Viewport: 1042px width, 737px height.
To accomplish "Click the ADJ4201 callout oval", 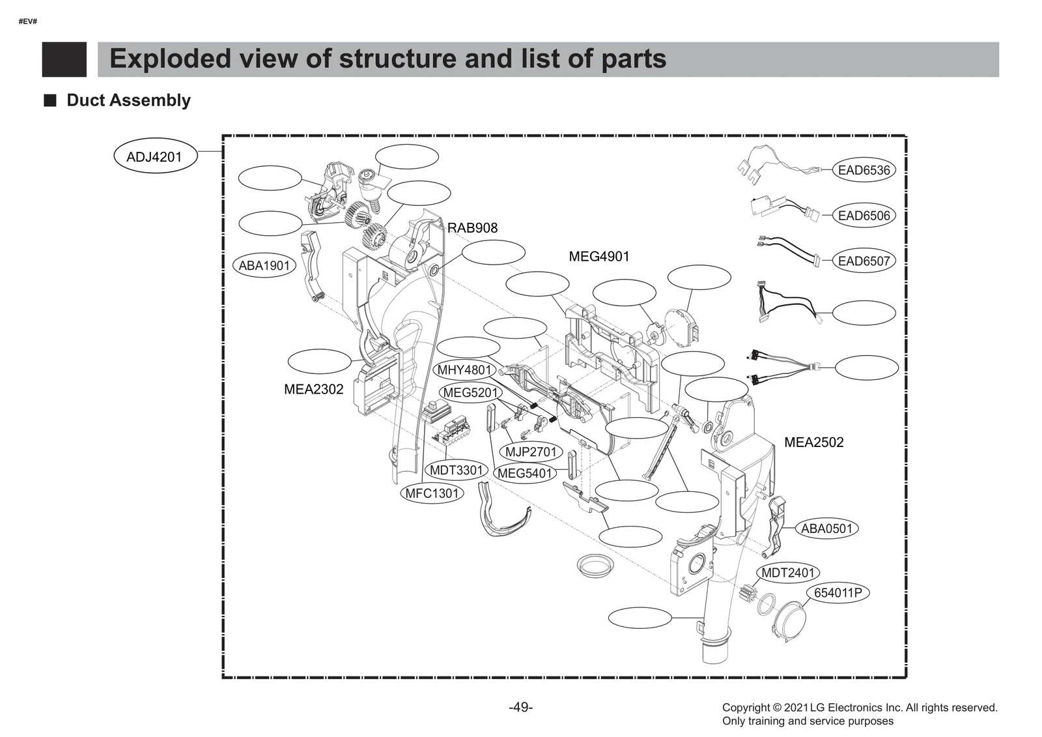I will tap(154, 156).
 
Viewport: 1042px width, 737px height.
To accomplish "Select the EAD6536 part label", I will tap(864, 170).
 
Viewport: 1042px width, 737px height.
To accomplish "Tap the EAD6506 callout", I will tap(864, 216).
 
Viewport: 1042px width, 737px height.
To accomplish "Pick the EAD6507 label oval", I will tap(864, 261).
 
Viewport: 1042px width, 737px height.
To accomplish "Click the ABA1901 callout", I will tap(264, 265).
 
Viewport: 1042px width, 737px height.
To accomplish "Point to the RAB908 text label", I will tap(472, 228).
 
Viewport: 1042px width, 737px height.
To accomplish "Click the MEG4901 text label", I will tap(599, 257).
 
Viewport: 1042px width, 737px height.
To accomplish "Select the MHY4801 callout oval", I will tap(464, 370).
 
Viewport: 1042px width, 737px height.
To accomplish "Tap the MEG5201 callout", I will tap(470, 393).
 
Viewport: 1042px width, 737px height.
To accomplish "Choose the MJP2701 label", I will tap(531, 452).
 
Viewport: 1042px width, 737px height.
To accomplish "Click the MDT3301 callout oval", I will tap(457, 470).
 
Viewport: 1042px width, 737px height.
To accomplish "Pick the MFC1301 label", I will tap(432, 493).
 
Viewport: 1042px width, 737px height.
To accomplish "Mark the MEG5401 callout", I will tap(524, 474).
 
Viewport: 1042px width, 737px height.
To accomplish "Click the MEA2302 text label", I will tap(313, 390).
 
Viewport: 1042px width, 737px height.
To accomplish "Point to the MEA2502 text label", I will tap(813, 442).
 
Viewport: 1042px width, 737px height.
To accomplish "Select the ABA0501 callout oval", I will tap(826, 528).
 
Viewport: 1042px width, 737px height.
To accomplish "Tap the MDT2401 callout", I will tap(788, 573).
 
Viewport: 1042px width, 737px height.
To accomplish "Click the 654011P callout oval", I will tap(838, 593).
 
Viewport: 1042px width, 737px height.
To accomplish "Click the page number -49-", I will tap(520, 707).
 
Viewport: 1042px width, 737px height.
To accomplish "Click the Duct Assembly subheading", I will tap(128, 100).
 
